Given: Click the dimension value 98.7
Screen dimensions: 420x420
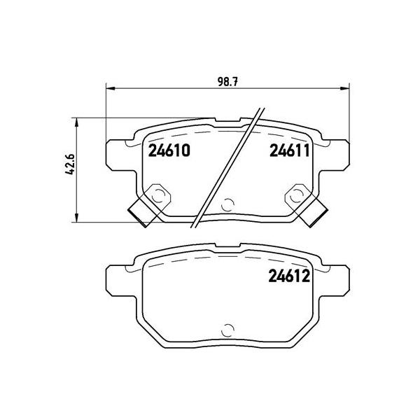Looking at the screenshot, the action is [227, 81].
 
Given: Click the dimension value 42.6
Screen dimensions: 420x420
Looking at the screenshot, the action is [69, 164].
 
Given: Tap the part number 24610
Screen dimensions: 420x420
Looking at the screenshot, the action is [169, 150].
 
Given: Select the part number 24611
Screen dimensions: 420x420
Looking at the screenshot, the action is [290, 150].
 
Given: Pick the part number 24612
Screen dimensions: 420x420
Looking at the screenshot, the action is [289, 276].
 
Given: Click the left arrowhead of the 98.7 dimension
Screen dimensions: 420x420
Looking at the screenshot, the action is [111, 88].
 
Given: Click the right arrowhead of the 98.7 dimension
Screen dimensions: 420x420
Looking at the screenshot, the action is [345, 88].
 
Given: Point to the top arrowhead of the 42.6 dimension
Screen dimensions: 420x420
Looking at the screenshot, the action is [76, 122].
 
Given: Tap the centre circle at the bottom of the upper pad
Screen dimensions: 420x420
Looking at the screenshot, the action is [227, 205].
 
